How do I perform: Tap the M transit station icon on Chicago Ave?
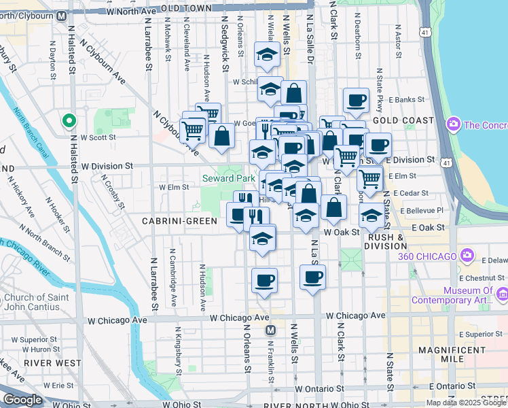(x=270, y=330)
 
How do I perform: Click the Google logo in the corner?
(x=22, y=399)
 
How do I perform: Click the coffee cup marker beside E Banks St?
(x=356, y=101)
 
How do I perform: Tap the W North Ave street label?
(x=133, y=10)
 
